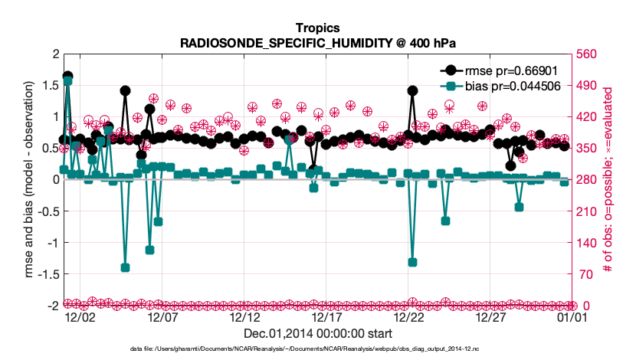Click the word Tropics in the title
click(x=317, y=28)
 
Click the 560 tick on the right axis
click(x=588, y=54)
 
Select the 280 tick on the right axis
click(x=588, y=179)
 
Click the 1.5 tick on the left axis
click(x=50, y=85)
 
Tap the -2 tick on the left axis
click(x=53, y=305)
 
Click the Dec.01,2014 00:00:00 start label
click(x=317, y=333)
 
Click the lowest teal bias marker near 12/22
click(x=412, y=262)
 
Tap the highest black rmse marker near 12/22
click(x=412, y=90)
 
